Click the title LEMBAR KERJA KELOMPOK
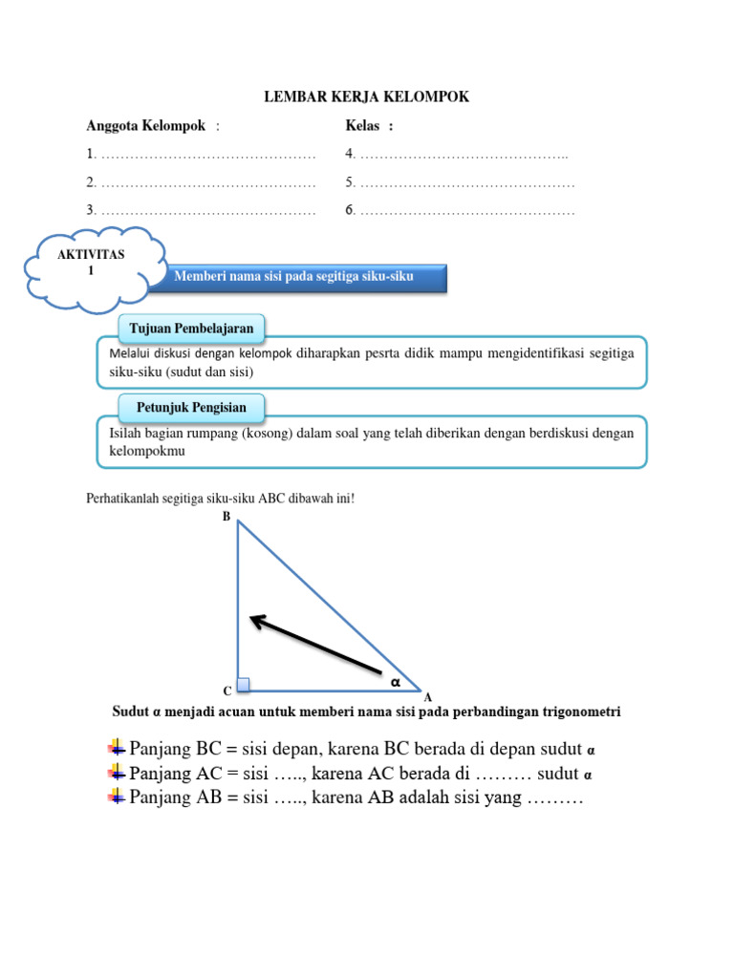(x=366, y=97)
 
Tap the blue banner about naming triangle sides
(x=294, y=276)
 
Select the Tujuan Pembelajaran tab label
(x=191, y=329)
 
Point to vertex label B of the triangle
(x=227, y=517)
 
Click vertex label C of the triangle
(x=227, y=691)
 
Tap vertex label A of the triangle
(x=428, y=698)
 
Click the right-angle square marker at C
(x=244, y=684)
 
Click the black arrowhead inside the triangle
(x=256, y=621)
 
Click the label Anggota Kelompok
(x=146, y=126)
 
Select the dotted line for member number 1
(x=207, y=154)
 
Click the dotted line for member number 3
(x=207, y=210)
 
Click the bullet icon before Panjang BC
(x=117, y=747)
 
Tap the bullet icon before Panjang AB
(x=117, y=797)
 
